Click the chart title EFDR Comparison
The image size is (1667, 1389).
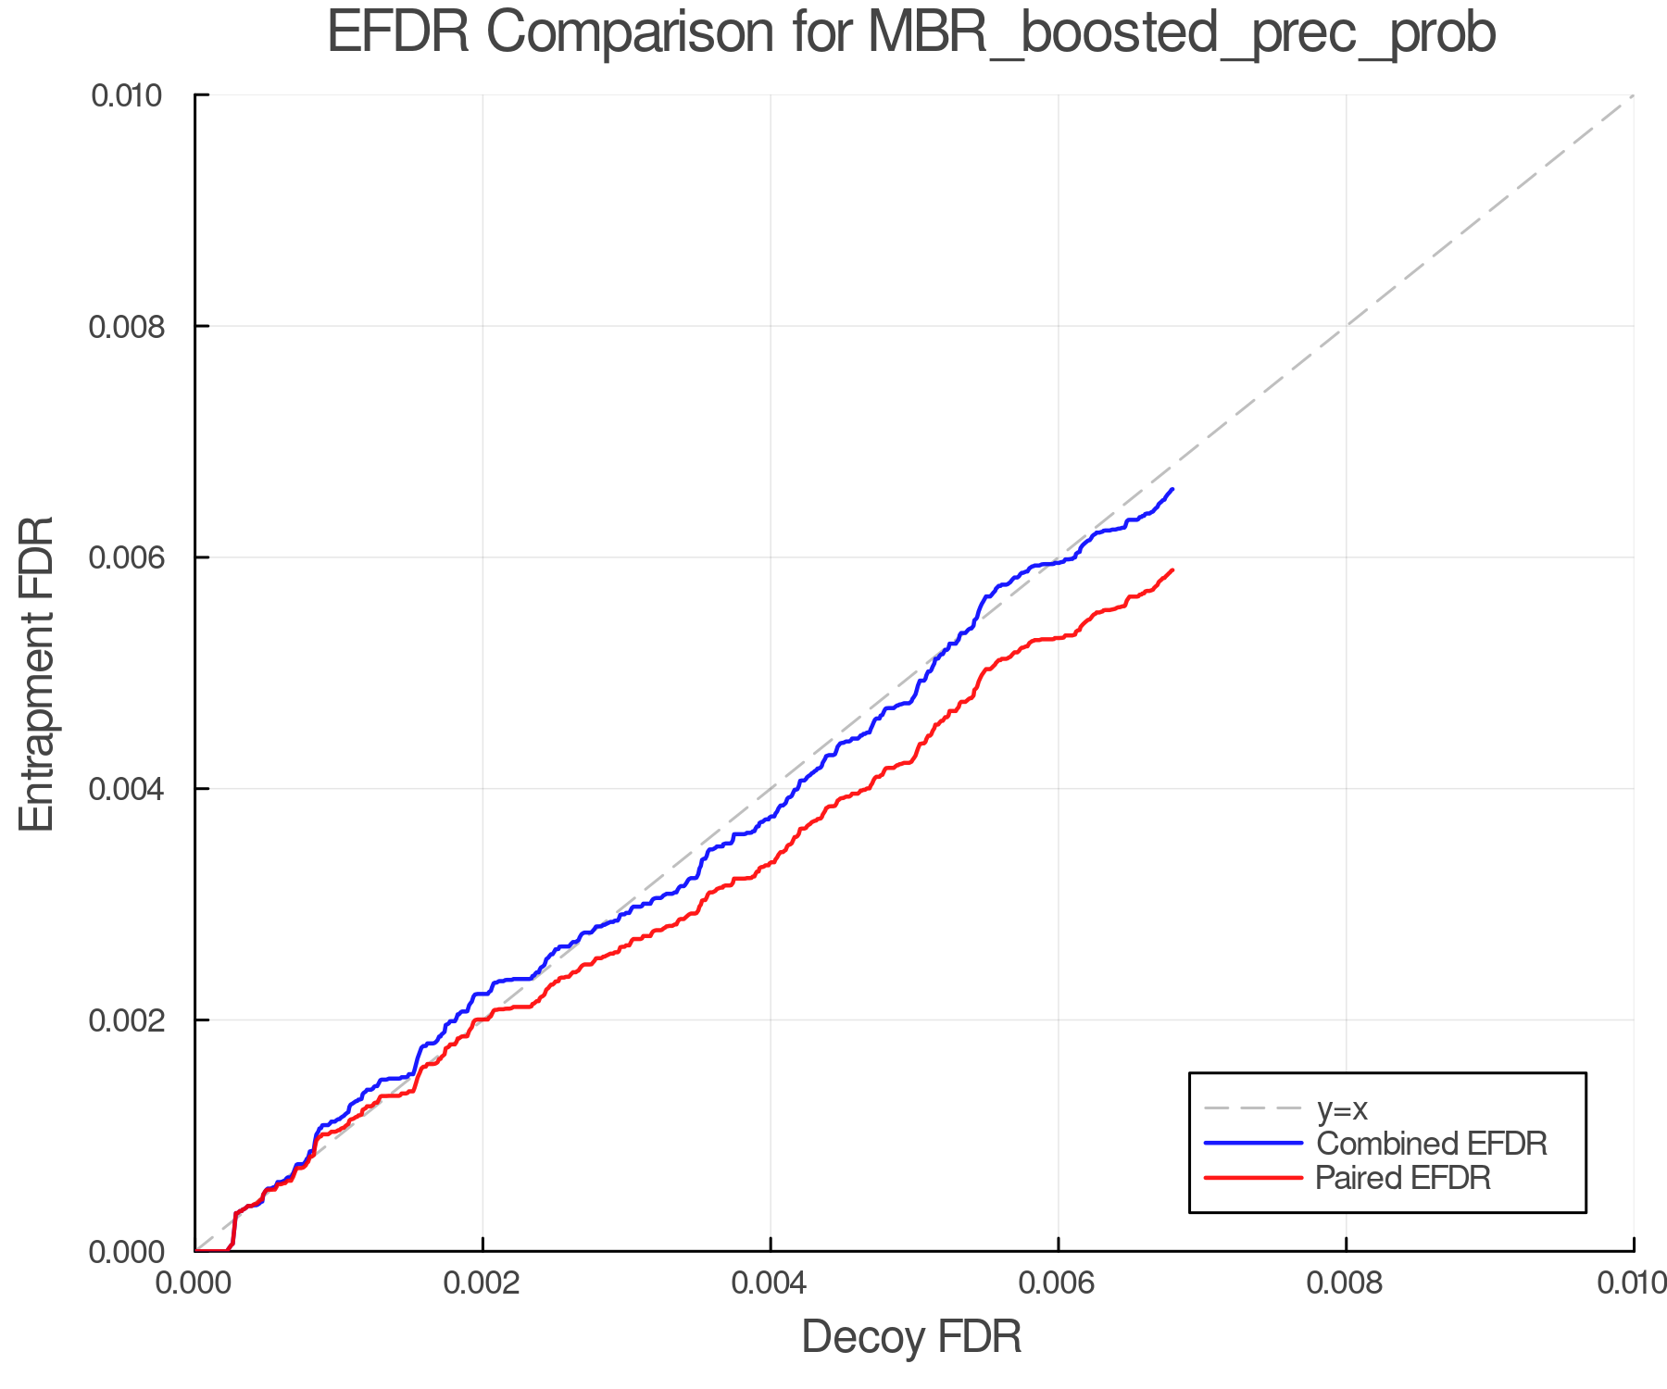click(x=911, y=33)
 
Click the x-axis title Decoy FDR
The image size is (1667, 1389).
click(x=911, y=1336)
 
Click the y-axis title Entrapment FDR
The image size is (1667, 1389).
click(x=37, y=673)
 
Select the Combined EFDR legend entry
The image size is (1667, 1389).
click(x=1431, y=1143)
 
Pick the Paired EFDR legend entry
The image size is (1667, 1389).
click(x=1403, y=1177)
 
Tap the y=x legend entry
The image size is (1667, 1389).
click(x=1342, y=1108)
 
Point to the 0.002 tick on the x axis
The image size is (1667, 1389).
click(x=483, y=1283)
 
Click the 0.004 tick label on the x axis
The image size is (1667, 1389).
click(x=771, y=1283)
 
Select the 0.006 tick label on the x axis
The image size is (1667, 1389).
click(x=1058, y=1283)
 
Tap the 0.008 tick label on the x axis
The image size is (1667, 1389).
click(x=1346, y=1283)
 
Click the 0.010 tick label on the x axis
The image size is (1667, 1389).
click(x=1632, y=1283)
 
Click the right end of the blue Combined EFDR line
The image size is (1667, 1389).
click(x=1172, y=489)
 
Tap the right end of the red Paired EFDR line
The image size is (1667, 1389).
click(x=1172, y=569)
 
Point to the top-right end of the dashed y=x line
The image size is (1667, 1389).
click(x=1633, y=95)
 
